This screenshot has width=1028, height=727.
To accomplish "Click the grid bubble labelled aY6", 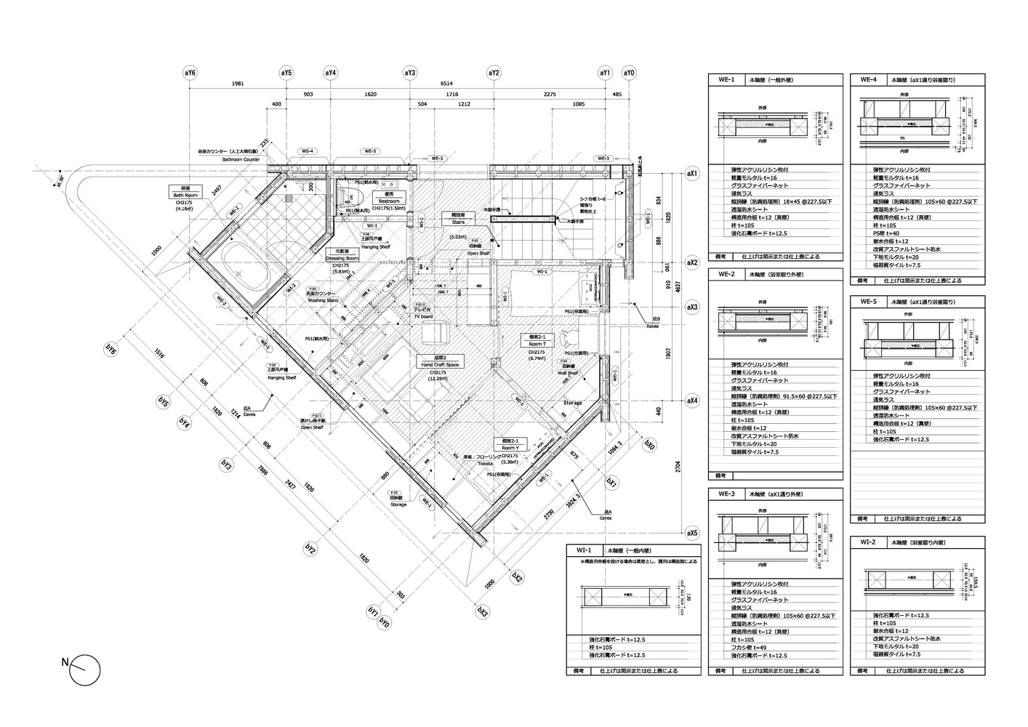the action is [x=190, y=73].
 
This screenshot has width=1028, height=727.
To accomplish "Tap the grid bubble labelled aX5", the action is [x=692, y=533].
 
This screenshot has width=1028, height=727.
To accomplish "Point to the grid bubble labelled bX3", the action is [x=481, y=611].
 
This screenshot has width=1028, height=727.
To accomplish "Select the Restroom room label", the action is [x=385, y=198].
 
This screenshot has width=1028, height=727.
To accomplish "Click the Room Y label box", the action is [x=510, y=445].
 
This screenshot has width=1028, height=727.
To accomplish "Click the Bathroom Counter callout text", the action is [x=241, y=158].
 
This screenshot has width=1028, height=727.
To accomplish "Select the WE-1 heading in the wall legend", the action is [x=727, y=80].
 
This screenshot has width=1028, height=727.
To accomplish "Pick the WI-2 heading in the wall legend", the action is [x=868, y=542].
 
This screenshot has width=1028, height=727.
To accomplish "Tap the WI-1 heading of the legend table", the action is [x=585, y=551].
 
